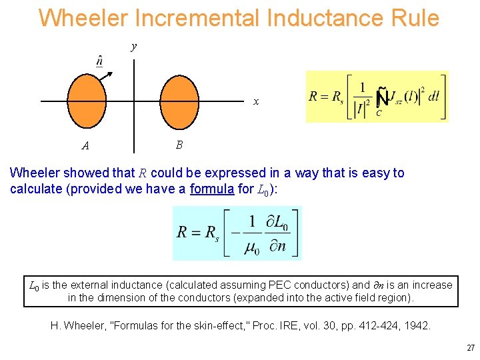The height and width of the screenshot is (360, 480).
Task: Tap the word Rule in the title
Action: pos(413,18)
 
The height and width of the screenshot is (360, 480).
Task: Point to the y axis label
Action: pos(134,47)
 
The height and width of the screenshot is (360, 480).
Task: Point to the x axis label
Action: pos(256,102)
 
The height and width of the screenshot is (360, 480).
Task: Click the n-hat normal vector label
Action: pos(99,61)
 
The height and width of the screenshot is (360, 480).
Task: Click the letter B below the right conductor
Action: pos(179,144)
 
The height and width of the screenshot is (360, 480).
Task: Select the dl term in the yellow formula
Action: pos(433,96)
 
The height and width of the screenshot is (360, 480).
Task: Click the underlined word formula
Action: pos(212,189)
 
